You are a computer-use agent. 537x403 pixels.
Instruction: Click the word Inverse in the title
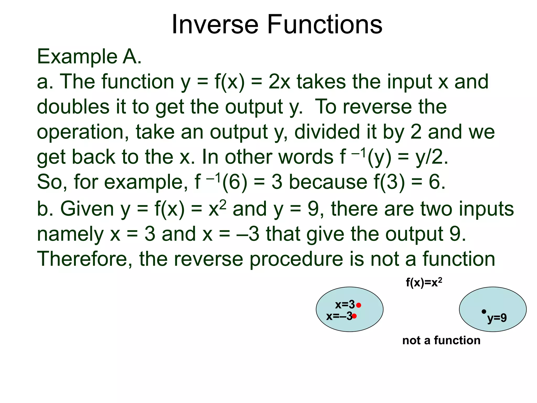coord(215,25)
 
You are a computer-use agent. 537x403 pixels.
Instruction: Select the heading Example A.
coord(89,56)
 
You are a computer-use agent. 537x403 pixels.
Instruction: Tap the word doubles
coord(73,107)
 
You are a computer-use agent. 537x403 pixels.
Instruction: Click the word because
coord(328,182)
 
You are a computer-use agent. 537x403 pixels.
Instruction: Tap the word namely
coord(70,234)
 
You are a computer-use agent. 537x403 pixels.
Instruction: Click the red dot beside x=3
coord(359,305)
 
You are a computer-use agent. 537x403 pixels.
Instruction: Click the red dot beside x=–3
coord(354,316)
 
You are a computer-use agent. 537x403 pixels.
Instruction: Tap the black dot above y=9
coord(484,311)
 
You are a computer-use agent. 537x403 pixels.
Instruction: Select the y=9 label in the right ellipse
coord(497,318)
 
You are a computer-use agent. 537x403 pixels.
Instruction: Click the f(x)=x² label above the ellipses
coord(424,283)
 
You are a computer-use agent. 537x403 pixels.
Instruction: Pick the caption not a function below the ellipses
coord(441,340)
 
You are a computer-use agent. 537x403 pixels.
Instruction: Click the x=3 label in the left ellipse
coord(345,305)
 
